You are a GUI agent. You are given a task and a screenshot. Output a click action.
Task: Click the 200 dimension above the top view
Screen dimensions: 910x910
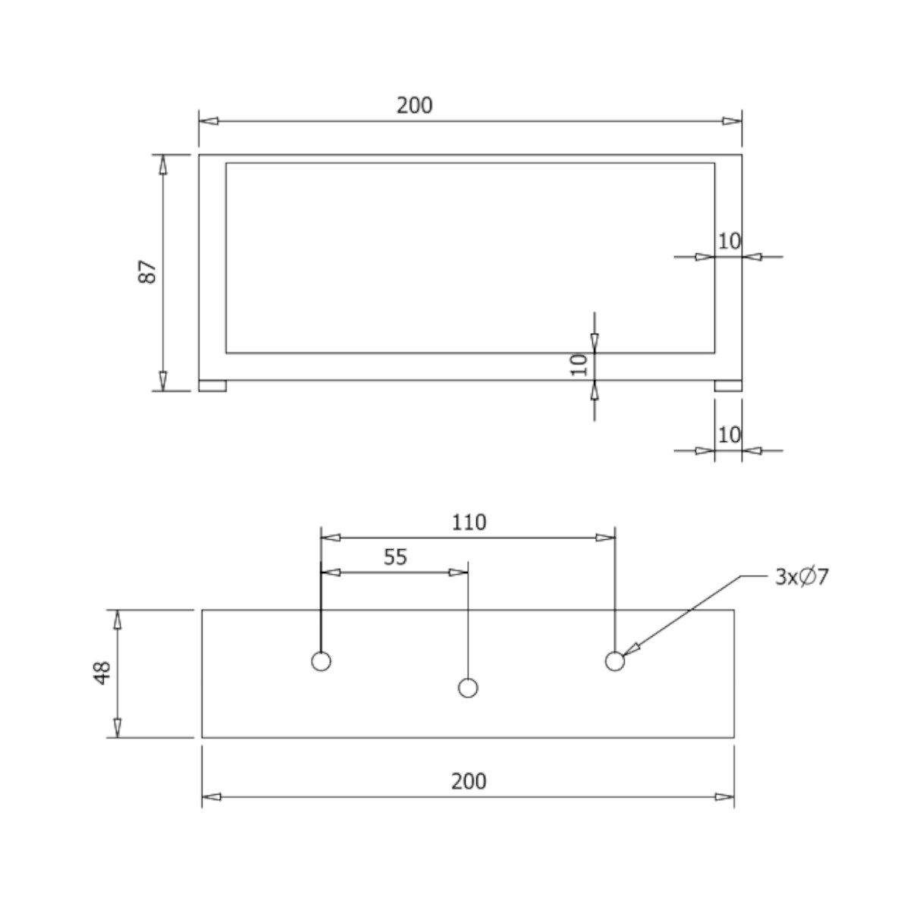coord(414,105)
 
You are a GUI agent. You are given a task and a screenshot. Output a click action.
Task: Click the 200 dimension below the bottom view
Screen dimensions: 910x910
coord(469,781)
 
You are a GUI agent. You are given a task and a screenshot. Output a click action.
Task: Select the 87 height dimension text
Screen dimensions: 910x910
coord(147,271)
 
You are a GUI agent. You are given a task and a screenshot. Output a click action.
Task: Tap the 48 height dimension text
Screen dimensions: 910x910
coord(102,673)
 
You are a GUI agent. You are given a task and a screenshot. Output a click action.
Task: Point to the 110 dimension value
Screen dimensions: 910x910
coord(469,522)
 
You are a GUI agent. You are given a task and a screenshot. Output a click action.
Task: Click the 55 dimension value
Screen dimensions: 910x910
coord(395,557)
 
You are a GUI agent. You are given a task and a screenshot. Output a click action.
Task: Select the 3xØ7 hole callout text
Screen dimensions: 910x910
coord(802,577)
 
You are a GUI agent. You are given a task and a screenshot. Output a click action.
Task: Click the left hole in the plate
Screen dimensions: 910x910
coord(321,661)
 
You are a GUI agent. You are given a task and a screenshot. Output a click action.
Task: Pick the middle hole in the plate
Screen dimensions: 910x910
coord(468,688)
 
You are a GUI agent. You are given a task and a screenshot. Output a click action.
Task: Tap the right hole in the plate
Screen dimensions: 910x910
coord(615,661)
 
